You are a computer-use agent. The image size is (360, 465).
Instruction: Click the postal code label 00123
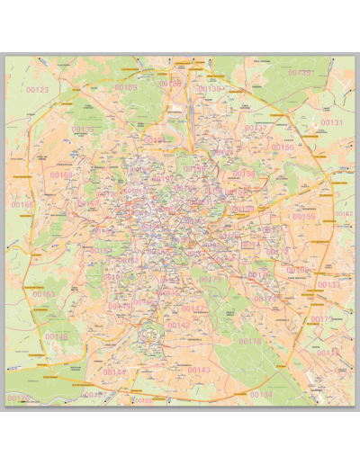[x=39, y=90]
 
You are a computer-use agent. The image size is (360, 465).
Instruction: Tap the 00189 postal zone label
[x=126, y=87]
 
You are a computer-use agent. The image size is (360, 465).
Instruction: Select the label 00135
[x=82, y=130]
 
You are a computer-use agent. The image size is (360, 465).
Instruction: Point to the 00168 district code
[x=62, y=175]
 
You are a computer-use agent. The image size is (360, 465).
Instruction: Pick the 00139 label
[x=299, y=73]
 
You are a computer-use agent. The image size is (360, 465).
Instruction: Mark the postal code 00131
[x=332, y=122]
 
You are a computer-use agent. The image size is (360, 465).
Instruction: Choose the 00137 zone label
[x=255, y=129]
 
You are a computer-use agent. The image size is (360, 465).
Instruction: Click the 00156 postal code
[x=283, y=147]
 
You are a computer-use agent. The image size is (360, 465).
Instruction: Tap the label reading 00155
[x=304, y=217]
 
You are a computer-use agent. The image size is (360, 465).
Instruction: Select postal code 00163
[x=43, y=294]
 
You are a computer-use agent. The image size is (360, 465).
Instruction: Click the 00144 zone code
[x=114, y=371]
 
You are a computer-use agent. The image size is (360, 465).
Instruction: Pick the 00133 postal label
[x=329, y=285]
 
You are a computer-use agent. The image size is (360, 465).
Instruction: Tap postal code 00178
[x=249, y=342]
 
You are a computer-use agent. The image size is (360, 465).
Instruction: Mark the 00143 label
[x=198, y=370]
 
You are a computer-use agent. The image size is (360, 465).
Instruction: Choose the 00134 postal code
[x=260, y=395]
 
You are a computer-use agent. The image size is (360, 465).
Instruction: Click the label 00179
[x=210, y=280]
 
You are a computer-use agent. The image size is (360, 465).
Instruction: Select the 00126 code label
[x=18, y=398]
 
